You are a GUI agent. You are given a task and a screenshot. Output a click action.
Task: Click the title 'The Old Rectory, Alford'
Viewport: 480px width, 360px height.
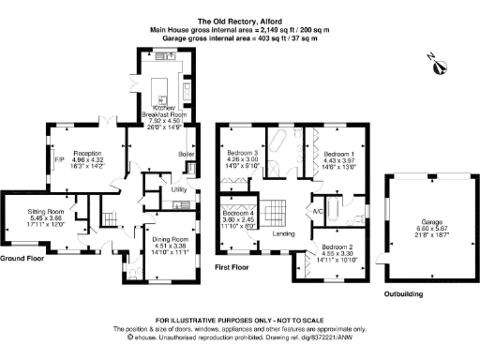[x=239, y=20]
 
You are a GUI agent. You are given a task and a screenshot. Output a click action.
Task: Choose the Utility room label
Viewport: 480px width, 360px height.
[x=179, y=190]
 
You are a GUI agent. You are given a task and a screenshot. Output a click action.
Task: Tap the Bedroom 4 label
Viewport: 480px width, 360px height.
[x=238, y=214]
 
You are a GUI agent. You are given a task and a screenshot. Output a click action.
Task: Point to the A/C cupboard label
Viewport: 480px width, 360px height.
[x=318, y=211]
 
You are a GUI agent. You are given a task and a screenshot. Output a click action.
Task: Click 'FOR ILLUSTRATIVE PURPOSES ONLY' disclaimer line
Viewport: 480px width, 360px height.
[x=239, y=321]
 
